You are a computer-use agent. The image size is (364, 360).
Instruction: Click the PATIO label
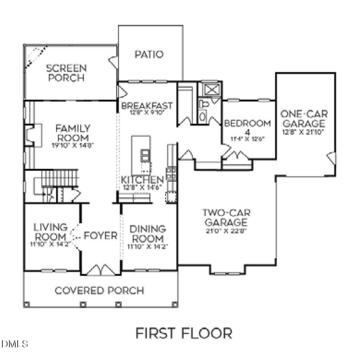click(x=149, y=55)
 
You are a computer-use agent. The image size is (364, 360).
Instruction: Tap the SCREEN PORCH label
click(x=66, y=73)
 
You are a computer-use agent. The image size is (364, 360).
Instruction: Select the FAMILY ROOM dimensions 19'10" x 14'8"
click(x=72, y=145)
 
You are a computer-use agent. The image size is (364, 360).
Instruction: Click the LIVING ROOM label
click(x=50, y=231)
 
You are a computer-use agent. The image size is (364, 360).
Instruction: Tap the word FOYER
click(x=101, y=236)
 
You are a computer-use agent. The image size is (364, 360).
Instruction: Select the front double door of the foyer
click(x=101, y=270)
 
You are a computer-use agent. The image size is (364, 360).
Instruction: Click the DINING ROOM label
click(x=147, y=234)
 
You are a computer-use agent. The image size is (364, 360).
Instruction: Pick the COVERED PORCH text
click(x=99, y=290)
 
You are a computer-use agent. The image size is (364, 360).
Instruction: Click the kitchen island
click(x=141, y=149)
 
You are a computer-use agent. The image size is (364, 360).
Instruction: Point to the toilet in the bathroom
click(x=203, y=111)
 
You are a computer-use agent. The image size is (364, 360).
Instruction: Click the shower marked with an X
click(x=211, y=89)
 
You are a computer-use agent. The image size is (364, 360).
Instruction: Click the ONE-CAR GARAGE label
click(x=303, y=119)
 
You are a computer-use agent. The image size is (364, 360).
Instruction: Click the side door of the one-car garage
click(x=332, y=158)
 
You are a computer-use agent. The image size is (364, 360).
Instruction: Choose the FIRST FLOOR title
click(x=183, y=333)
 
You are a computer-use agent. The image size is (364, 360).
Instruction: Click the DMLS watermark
click(x=15, y=344)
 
